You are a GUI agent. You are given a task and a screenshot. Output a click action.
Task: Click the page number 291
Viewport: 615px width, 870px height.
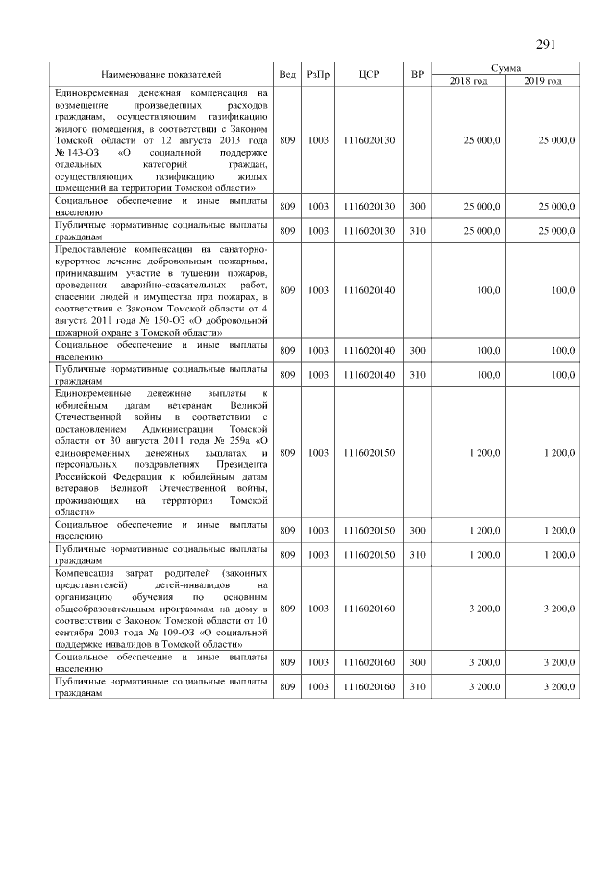[x=546, y=45]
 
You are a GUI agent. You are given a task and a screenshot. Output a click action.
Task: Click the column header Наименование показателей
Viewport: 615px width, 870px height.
[x=161, y=74]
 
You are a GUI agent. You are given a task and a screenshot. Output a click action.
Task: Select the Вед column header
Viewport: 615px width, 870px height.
[x=286, y=74]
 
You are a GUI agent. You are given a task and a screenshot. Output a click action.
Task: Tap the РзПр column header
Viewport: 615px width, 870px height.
[x=318, y=74]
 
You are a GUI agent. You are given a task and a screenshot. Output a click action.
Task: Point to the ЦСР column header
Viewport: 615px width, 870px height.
[x=368, y=74]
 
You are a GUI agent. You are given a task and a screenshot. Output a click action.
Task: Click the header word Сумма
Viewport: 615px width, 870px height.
[x=505, y=68]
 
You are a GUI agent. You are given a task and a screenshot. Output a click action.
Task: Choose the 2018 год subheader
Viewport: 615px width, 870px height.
[x=469, y=81]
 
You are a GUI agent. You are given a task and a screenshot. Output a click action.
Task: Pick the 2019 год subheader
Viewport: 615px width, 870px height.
[x=543, y=81]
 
